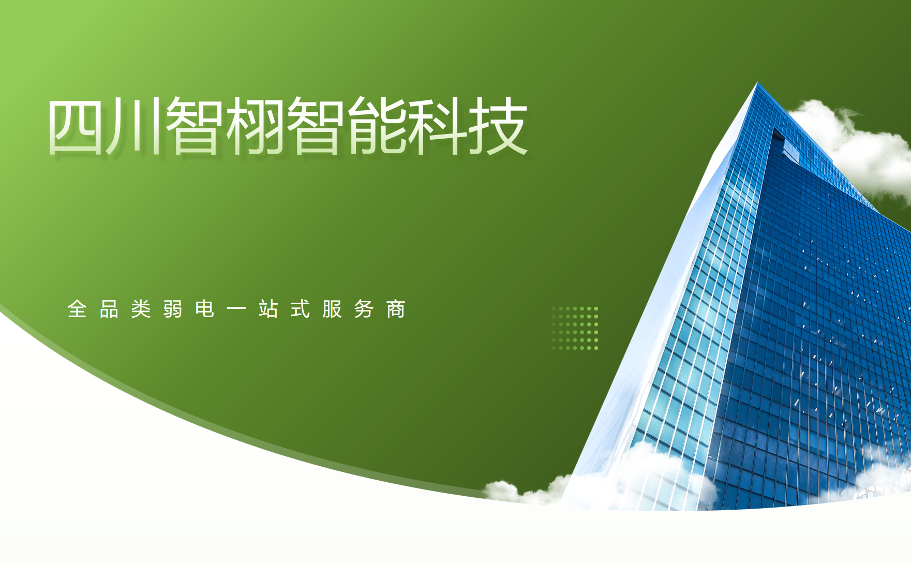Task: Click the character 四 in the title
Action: pyautogui.click(x=76, y=126)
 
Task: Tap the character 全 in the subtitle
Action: pyautogui.click(x=77, y=309)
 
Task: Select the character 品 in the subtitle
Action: pyautogui.click(x=109, y=309)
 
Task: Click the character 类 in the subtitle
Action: pyautogui.click(x=141, y=309)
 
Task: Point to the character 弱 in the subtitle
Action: pyautogui.click(x=173, y=309)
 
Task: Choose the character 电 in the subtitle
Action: pyautogui.click(x=205, y=309)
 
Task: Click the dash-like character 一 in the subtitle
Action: pyautogui.click(x=236, y=309)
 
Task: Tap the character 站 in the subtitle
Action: pyautogui.click(x=268, y=309)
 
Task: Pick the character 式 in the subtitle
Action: pyautogui.click(x=301, y=309)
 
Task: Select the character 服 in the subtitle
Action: pyautogui.click(x=332, y=309)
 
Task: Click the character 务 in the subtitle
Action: pyautogui.click(x=364, y=309)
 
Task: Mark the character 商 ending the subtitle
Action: pyautogui.click(x=396, y=309)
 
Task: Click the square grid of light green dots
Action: pyautogui.click(x=573, y=328)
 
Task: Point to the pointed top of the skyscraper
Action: pyautogui.click(x=757, y=82)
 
